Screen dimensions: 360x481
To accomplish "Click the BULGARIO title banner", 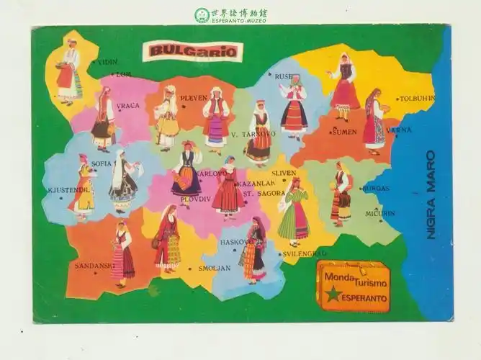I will point(192,51).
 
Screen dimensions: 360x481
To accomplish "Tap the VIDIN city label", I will point(107,63).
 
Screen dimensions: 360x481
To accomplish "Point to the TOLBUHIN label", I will point(418,99).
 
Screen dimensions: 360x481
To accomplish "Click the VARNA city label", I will point(399,130).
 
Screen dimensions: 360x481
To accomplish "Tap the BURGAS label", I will point(376,189).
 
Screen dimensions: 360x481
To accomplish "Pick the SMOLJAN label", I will point(214,269).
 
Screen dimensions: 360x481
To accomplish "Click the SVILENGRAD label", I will point(304,253).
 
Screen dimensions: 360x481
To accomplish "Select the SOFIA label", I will point(102,164).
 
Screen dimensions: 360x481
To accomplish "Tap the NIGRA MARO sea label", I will point(431,194).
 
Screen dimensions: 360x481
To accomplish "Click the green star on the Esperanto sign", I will point(333,294).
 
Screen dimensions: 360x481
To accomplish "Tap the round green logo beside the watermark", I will point(202,15).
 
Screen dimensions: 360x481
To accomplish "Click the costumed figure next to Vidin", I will point(69,72).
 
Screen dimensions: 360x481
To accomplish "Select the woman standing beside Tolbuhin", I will point(374,122).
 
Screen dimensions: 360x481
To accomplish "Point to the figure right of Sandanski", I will point(122,253).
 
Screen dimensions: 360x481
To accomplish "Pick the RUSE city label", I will point(283,76).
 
